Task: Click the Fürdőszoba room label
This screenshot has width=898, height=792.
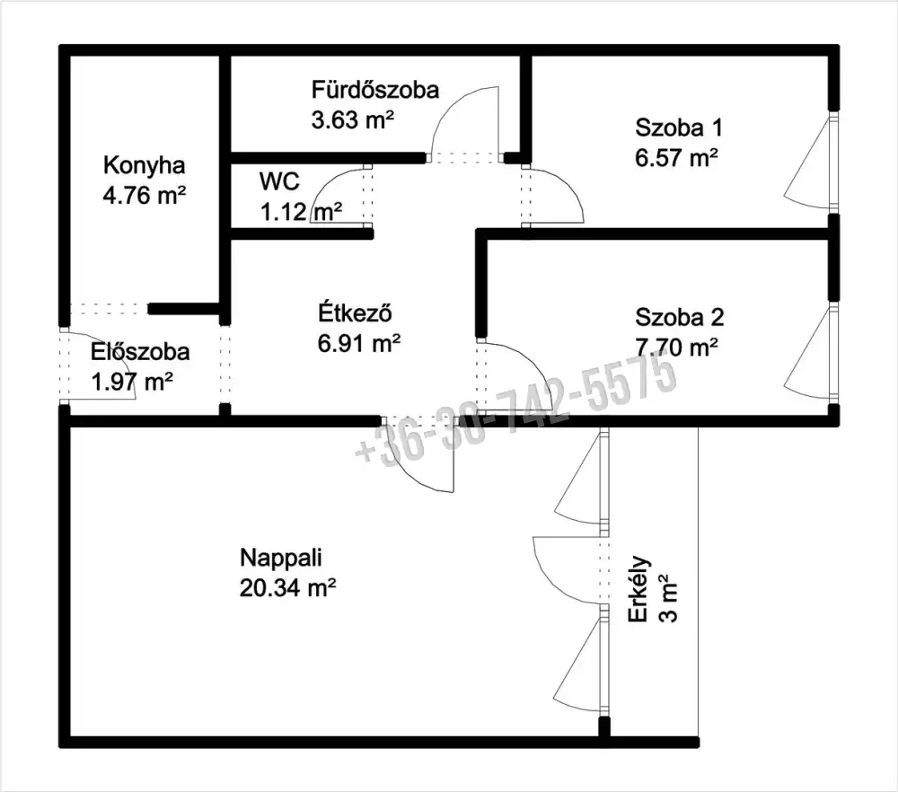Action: pos(375,90)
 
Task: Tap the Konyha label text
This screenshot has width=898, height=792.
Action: pos(145,165)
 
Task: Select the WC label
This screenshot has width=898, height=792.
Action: pos(279,181)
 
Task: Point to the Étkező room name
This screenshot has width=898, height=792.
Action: pos(355,312)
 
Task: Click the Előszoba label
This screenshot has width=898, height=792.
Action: pos(140,351)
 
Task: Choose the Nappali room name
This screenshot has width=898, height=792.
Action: pos(280,558)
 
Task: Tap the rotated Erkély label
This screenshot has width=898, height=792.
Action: pos(638,589)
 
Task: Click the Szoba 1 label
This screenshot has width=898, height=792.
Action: pos(679,128)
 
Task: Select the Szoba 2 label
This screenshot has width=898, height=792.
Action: pos(679,317)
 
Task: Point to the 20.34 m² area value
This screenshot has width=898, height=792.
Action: pos(287,587)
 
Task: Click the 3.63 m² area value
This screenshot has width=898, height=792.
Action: pos(353,120)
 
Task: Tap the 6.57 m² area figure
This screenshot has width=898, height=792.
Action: pos(676,157)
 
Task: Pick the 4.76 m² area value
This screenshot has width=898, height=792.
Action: pos(145,195)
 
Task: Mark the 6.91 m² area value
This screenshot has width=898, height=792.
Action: pos(359,344)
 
